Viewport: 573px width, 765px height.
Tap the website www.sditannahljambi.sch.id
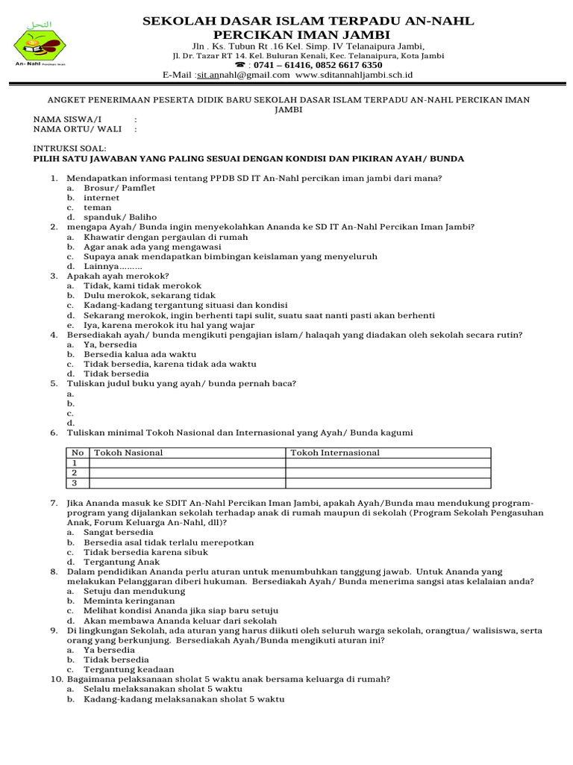(354, 75)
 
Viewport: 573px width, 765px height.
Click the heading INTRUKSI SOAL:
(69, 149)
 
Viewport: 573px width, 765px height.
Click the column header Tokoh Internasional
(334, 453)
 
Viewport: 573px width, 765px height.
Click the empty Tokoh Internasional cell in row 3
(388, 483)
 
